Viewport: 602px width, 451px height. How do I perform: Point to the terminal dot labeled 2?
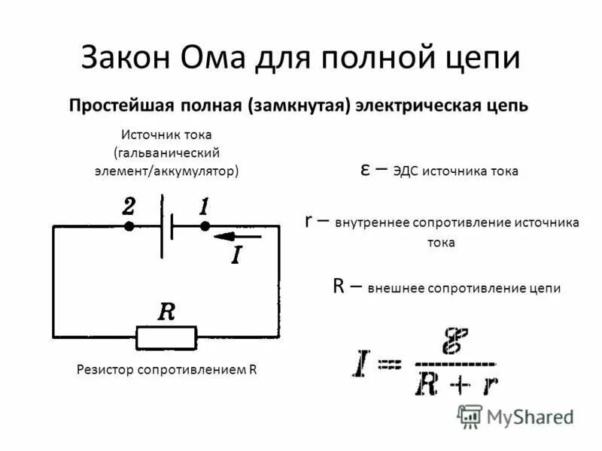click(x=129, y=225)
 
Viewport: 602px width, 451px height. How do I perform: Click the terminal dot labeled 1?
click(x=204, y=225)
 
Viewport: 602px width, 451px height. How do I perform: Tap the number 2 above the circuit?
click(x=129, y=206)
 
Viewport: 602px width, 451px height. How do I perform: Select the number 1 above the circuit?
click(x=203, y=206)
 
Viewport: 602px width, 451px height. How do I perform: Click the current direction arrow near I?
click(x=237, y=236)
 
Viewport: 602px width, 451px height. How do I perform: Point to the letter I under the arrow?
click(x=236, y=256)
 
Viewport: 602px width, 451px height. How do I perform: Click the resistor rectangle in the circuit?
click(x=166, y=337)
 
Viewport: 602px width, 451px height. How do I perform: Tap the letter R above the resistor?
click(x=166, y=312)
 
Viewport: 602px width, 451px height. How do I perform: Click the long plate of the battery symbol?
click(x=161, y=225)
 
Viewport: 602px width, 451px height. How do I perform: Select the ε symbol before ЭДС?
click(x=363, y=170)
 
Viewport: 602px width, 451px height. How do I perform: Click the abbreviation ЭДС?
click(x=407, y=171)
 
